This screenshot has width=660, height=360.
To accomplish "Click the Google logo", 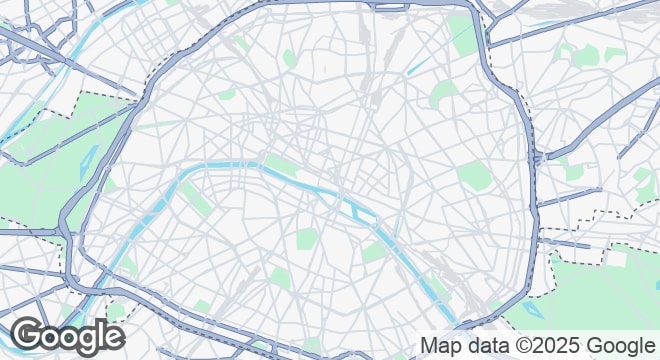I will click(x=67, y=336).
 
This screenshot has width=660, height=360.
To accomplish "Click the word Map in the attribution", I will click(x=441, y=346).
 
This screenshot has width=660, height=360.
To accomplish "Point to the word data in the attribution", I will click(x=484, y=346).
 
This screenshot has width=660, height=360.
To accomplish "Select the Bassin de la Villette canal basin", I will click(x=420, y=64).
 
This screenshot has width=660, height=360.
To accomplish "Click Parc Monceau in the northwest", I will click(x=227, y=94).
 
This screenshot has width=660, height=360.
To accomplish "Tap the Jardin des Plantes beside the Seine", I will click(x=376, y=249).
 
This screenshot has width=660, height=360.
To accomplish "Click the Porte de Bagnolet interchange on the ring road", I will click(x=538, y=158).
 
